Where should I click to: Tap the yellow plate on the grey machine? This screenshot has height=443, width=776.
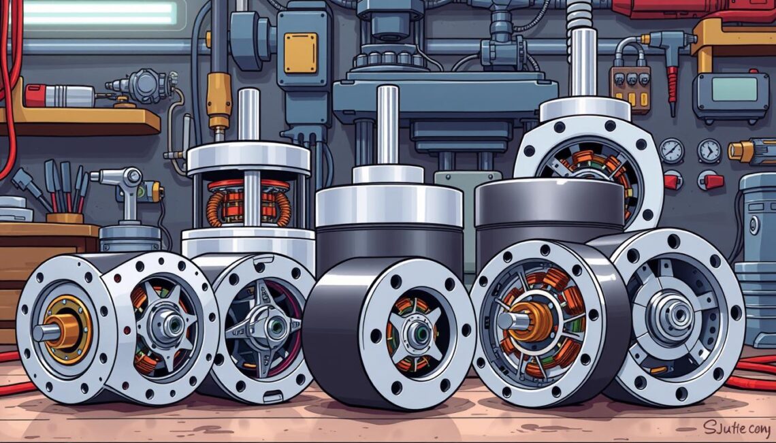pyautogui.click(x=300, y=53)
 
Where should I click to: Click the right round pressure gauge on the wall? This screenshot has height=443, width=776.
pyautogui.click(x=709, y=150)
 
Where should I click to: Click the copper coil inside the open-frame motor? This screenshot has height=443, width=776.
pyautogui.click(x=247, y=203)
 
